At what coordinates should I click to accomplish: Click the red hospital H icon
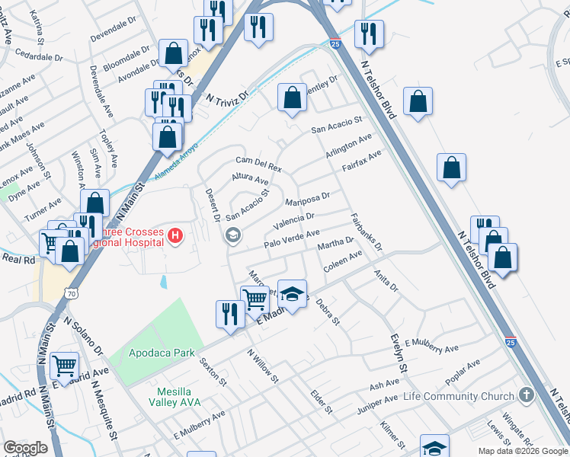176,236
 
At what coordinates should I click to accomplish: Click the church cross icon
524,395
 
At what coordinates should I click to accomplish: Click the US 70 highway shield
71,292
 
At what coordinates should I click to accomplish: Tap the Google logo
25,448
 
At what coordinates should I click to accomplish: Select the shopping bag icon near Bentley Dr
291,97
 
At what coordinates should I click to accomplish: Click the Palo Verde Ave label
291,238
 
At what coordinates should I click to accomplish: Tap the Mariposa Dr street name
307,200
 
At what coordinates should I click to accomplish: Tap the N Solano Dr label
85,338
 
